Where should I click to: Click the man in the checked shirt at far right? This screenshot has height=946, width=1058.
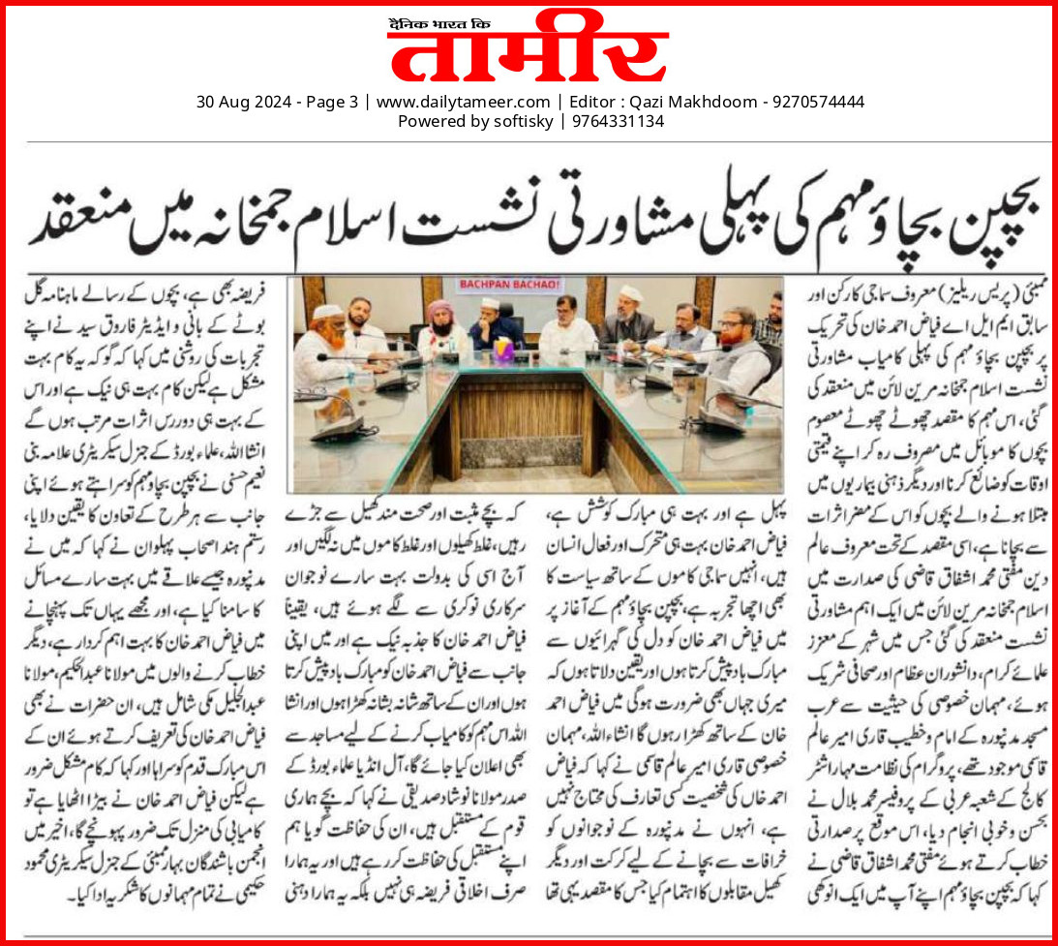[x=769, y=320]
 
